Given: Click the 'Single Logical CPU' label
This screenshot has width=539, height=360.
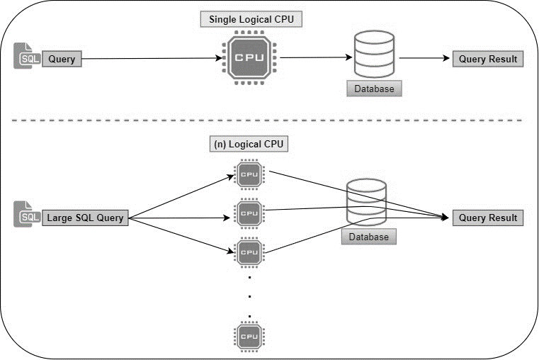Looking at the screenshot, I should pos(251,19).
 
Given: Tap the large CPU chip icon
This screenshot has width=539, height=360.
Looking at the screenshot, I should pos(249,59).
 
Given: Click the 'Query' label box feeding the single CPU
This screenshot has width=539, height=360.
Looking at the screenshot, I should pos(62,60).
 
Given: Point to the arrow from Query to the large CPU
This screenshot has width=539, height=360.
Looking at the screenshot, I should pos(149,60).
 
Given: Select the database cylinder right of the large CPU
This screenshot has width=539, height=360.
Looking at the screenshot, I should pos(374,56).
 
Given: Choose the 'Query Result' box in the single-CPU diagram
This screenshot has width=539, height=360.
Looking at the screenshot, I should pos(488,60).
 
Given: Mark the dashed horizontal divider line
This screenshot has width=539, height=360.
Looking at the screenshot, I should pos(269,120).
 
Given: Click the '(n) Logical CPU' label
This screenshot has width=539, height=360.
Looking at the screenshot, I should pos(248,144).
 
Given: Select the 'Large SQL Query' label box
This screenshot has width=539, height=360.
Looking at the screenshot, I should pos(86,218).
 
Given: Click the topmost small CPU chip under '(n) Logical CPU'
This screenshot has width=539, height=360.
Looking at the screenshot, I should pos(249,174).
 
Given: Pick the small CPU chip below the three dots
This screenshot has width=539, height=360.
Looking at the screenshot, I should pos(249,335).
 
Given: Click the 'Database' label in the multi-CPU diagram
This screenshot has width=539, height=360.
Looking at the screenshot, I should pos(368,237).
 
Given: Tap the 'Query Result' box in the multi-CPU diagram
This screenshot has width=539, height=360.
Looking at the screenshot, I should pos(488,218).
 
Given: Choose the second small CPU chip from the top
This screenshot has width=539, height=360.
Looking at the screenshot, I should pos(249,212).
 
